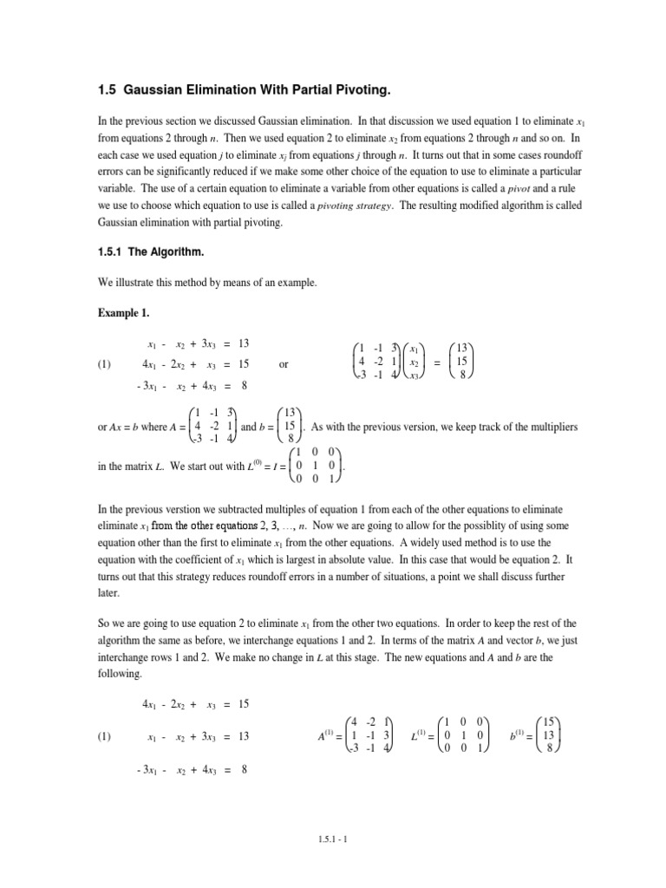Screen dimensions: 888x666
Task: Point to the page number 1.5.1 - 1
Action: [x=332, y=839]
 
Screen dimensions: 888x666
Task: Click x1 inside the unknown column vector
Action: [x=414, y=348]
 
